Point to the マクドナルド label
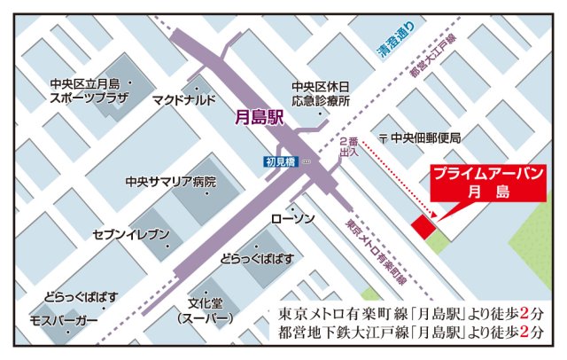[183, 100]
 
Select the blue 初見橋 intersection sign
[280, 161]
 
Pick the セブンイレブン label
[130, 235]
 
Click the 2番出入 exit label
[348, 148]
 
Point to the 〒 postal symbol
[383, 138]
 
